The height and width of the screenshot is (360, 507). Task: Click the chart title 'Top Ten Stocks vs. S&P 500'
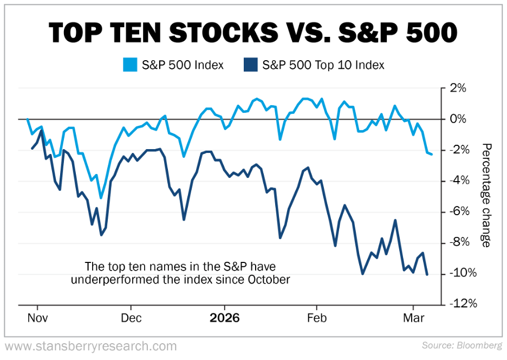(x=253, y=33)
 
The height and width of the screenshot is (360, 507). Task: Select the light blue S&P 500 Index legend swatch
(x=130, y=65)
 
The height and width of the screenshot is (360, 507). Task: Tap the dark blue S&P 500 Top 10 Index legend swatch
(x=251, y=65)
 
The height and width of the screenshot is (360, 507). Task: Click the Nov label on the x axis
(x=37, y=318)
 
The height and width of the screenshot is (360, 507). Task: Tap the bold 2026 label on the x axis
(x=224, y=318)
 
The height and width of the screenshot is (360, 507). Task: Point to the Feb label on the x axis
(x=317, y=318)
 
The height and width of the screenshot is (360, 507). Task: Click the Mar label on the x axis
(x=414, y=318)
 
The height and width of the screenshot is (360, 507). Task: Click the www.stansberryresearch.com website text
(x=90, y=346)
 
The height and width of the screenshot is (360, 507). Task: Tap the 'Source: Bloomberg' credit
(x=461, y=345)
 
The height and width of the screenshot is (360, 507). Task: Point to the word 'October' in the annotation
(x=271, y=280)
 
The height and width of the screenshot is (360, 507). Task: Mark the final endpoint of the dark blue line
(x=427, y=275)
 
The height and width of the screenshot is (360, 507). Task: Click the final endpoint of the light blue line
(x=432, y=155)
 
